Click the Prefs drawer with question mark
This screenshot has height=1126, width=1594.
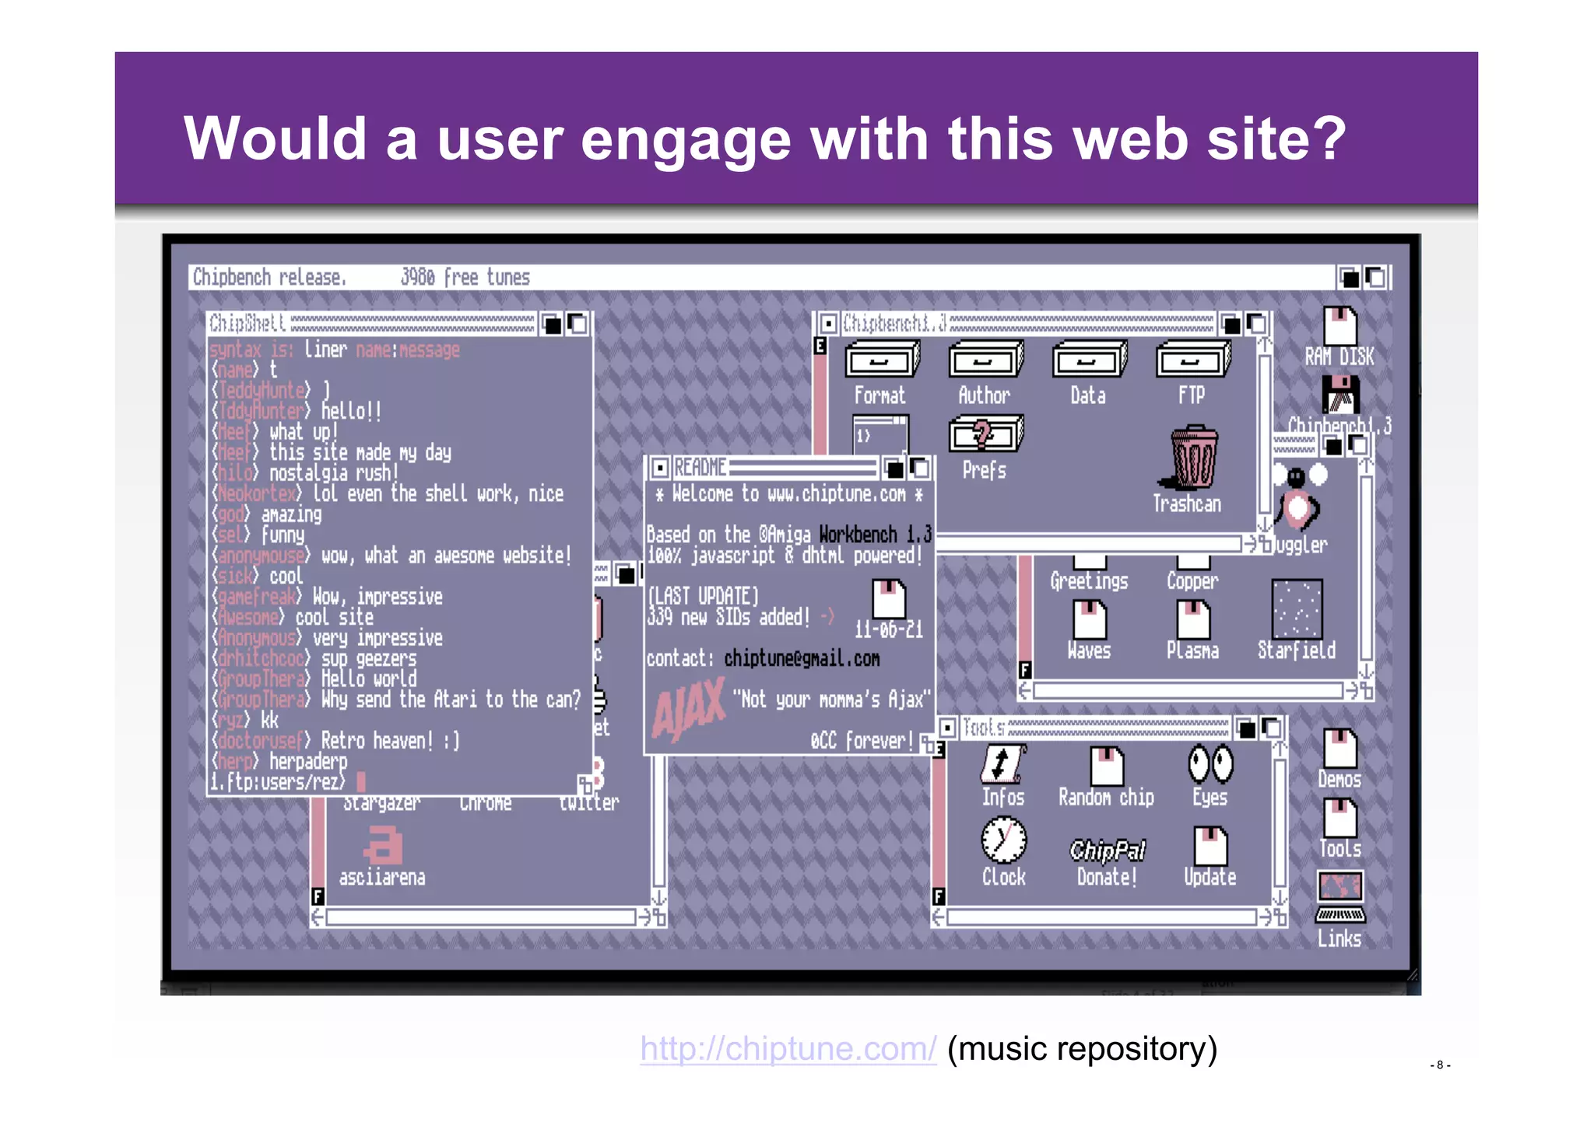tap(985, 434)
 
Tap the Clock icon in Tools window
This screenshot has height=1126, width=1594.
tap(1003, 841)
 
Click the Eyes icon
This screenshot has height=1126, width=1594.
tap(1210, 764)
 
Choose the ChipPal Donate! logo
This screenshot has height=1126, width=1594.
tap(1108, 851)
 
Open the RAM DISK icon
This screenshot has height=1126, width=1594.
tap(1339, 327)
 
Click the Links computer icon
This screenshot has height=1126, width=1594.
tap(1339, 896)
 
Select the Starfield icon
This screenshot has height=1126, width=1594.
tap(1297, 609)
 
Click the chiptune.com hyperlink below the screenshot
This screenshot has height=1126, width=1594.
tap(788, 1049)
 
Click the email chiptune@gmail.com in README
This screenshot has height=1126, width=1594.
tap(802, 659)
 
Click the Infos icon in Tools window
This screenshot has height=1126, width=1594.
tap(1002, 764)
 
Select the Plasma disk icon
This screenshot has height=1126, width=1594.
tap(1192, 620)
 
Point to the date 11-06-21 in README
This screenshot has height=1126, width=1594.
tap(888, 630)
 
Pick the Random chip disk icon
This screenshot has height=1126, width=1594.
tap(1106, 766)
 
